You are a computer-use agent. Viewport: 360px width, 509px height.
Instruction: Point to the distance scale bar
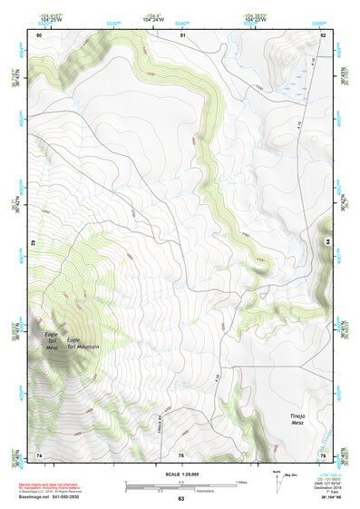pyautogui.click(x=180, y=484)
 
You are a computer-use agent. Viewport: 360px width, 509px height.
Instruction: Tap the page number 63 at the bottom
pyautogui.click(x=180, y=499)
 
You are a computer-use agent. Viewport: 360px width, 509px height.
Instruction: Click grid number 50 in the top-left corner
pyautogui.click(x=39, y=34)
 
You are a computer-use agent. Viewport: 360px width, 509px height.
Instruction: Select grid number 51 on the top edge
pyautogui.click(x=181, y=34)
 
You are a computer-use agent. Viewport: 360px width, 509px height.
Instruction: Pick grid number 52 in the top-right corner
pyautogui.click(x=322, y=34)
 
